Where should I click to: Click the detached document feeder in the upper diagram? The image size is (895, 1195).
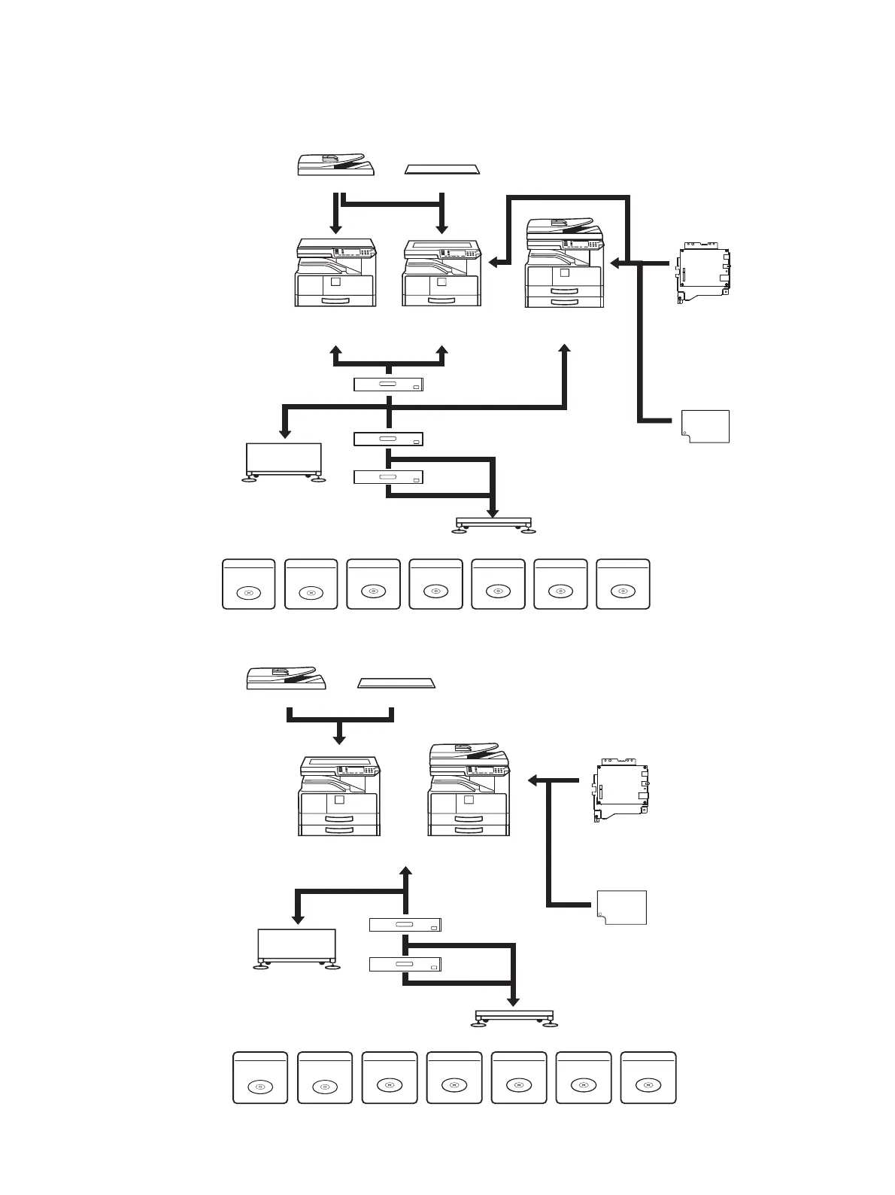click(x=335, y=165)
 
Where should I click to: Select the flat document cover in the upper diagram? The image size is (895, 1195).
click(x=442, y=169)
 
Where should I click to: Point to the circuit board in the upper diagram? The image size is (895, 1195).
click(x=704, y=272)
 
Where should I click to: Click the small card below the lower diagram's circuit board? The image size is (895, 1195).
click(x=622, y=907)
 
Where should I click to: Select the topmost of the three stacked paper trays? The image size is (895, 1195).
click(x=388, y=385)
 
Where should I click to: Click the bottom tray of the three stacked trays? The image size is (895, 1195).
click(x=388, y=476)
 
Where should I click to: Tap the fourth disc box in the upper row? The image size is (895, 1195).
click(x=435, y=583)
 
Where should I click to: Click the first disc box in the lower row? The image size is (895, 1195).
click(x=260, y=1078)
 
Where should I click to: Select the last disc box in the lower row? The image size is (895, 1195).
click(x=648, y=1078)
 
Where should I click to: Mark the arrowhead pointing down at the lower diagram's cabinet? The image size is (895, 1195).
click(x=298, y=919)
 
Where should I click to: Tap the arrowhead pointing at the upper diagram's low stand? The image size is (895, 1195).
click(x=493, y=513)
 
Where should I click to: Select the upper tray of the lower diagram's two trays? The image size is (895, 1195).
click(x=405, y=925)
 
